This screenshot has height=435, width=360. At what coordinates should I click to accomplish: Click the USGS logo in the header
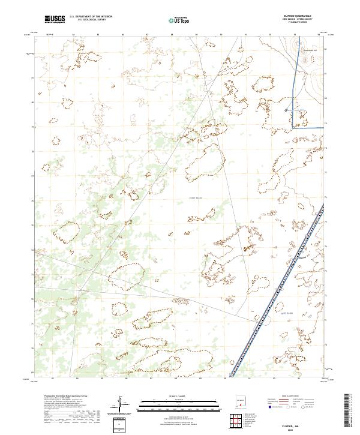pos(55,19)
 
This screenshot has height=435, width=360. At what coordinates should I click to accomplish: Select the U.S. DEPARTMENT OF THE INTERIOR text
pos(91,17)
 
